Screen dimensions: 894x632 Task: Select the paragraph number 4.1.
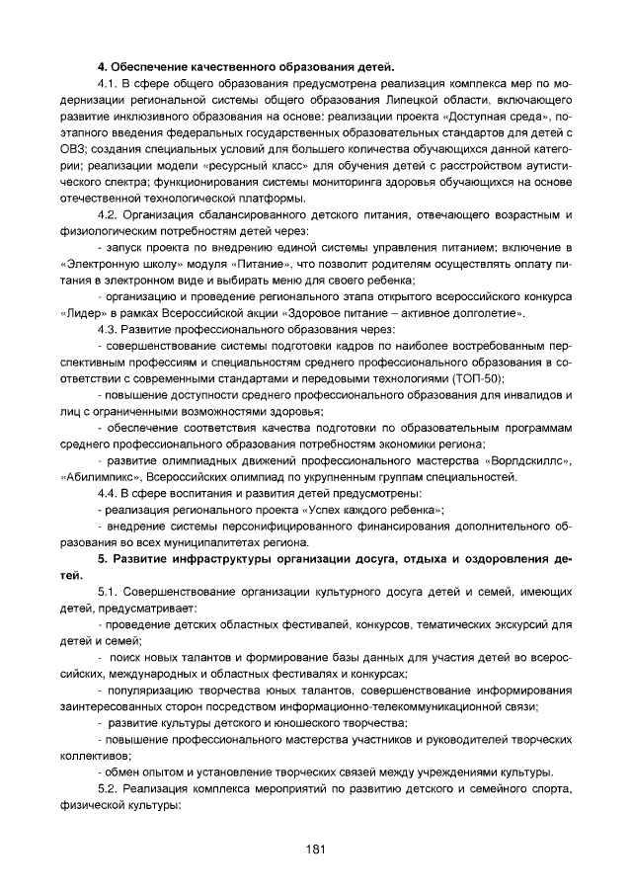click(109, 86)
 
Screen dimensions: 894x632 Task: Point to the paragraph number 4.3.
click(109, 328)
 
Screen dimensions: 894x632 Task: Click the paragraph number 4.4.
click(109, 493)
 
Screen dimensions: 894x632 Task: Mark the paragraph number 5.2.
click(109, 788)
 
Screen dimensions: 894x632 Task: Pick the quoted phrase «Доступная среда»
click(507, 118)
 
